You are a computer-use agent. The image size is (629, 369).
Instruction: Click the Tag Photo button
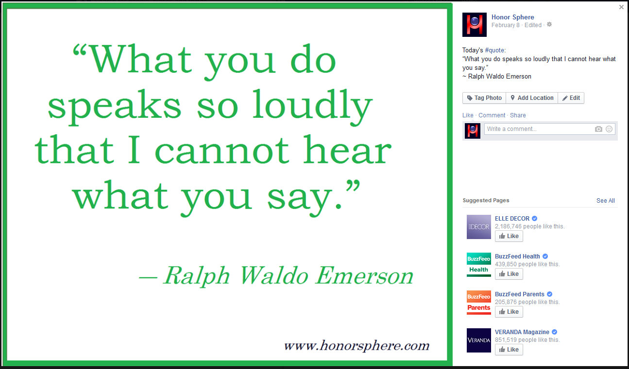coord(484,98)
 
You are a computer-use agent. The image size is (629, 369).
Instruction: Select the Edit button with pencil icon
coord(571,98)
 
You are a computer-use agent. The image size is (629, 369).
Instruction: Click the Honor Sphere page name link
coord(512,17)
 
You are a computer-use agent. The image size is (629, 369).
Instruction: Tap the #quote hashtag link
coord(494,50)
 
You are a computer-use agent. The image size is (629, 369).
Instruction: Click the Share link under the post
coord(518,115)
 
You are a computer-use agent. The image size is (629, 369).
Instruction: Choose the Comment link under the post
coord(492,115)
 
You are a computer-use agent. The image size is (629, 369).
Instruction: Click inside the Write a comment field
coord(538,129)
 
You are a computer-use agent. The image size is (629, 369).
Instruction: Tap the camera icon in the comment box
coord(598,129)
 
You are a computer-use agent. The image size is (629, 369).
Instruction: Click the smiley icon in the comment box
coord(609,129)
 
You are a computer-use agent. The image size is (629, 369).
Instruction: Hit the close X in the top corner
coord(621,7)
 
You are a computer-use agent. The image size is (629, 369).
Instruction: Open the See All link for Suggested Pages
coord(605,200)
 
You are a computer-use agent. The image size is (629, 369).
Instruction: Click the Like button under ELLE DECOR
coord(509,236)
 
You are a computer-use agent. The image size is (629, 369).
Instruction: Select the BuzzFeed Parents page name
coord(520,294)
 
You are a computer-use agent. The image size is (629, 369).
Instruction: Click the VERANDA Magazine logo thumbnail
coord(479,340)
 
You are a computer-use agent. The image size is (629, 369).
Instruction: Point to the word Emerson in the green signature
coord(364,276)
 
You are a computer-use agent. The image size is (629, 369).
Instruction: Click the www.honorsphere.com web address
coord(357,346)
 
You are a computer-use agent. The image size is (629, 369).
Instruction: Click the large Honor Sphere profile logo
coord(475,25)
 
